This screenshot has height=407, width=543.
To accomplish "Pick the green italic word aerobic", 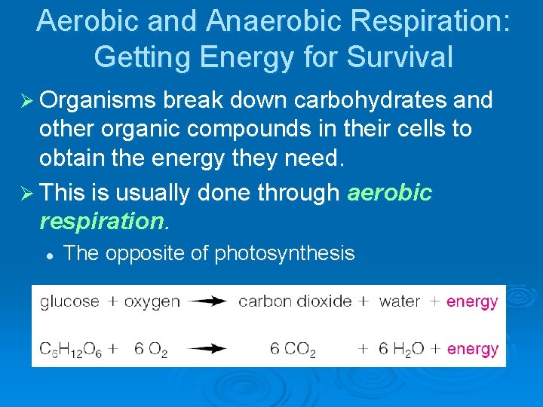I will point(390,193).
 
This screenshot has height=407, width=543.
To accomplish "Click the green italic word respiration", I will point(101,222).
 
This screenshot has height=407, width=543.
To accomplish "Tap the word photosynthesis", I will point(284,253).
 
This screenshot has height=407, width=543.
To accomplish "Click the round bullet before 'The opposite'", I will point(48,255).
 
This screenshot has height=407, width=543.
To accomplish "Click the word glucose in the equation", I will point(69,301).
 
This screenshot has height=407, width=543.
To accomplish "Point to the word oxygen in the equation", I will point(152,301).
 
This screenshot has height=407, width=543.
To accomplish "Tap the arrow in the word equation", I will point(207,301).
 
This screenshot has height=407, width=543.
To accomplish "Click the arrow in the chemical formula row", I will point(207,348).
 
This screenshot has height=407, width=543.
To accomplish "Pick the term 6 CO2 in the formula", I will point(293,349).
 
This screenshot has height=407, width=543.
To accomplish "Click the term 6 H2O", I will point(401,349).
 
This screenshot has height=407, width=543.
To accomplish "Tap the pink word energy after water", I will point(472,301).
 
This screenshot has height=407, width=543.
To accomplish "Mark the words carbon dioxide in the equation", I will point(295,301).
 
